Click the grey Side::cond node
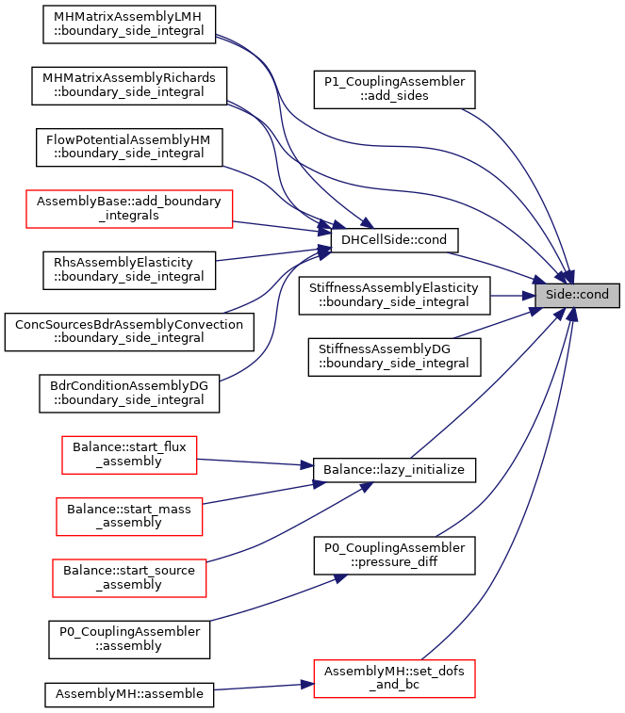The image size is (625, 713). point(577,295)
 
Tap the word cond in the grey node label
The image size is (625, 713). point(594,295)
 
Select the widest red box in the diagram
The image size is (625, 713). point(129,209)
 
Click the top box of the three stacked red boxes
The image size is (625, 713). point(129,455)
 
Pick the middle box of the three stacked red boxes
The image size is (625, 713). point(129,517)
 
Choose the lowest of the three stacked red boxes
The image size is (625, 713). point(129,578)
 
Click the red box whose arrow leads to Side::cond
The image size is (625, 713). point(394,679)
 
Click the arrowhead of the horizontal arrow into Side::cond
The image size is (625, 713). point(529,296)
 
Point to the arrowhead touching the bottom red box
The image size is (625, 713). point(306,685)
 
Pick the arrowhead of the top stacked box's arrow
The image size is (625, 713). point(307,465)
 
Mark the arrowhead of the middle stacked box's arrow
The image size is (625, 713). point(320,484)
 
